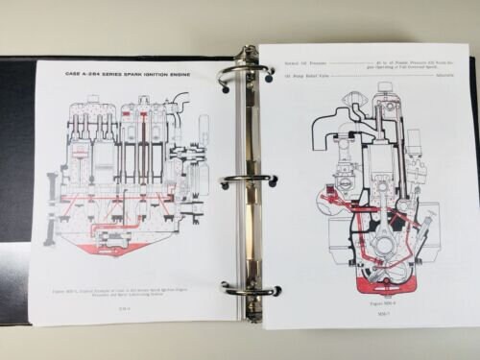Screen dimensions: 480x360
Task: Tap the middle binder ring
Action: pyautogui.click(x=247, y=180)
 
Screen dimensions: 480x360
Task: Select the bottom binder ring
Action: pyautogui.click(x=249, y=287)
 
